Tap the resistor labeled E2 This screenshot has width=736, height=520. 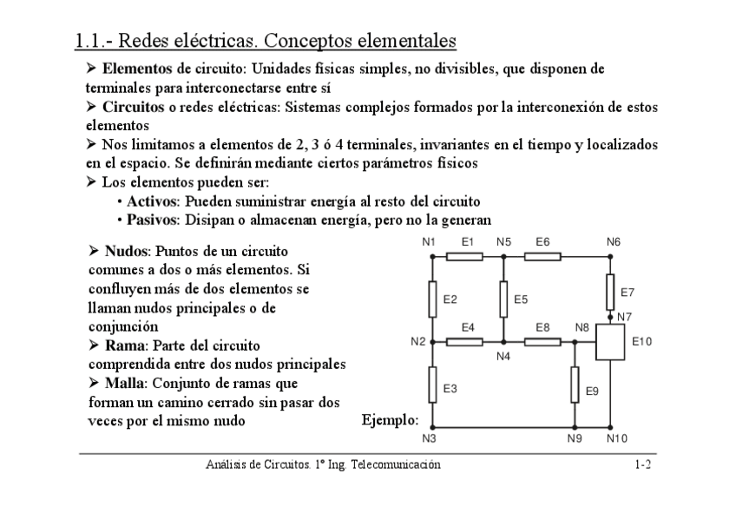pos(432,299)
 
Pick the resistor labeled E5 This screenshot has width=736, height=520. pos(503,299)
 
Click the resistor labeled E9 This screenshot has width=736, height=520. pos(575,385)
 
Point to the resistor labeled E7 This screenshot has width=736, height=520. pos(611,287)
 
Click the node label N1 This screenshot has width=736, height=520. pos(428,242)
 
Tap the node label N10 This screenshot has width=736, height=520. pos(616,438)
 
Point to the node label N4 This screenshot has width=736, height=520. pos(503,356)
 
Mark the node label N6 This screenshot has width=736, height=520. pos(614,242)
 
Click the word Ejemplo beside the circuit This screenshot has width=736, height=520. pos(390,420)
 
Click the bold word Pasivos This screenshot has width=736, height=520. pos(153,220)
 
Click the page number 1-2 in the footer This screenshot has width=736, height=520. pos(642,465)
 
